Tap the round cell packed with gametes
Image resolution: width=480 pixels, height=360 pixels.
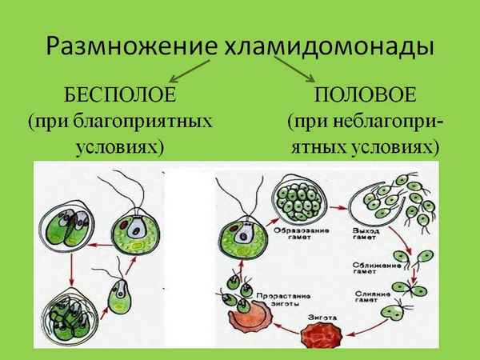[x=300, y=194]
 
